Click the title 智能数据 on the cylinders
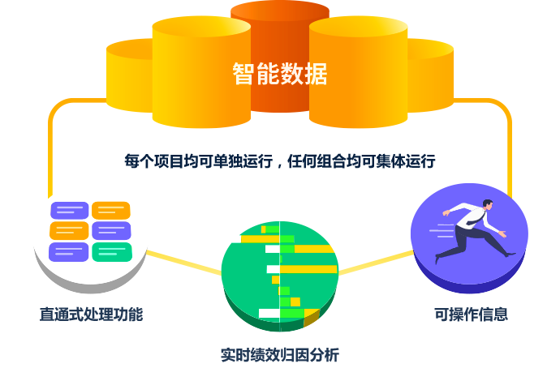coord(279,75)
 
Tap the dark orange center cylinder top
coord(280,11)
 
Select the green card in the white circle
coord(112,252)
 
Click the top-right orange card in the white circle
coord(111,210)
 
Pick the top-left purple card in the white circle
coord(70,210)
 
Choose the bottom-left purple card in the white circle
coord(69,252)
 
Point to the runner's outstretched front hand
coord(504,235)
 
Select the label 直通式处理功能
coord(91,315)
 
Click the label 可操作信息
coord(471,315)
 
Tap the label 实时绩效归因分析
coord(280,355)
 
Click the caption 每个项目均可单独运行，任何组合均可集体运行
coord(280,160)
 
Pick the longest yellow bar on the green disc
coord(308,269)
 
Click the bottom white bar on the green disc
coord(269,313)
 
